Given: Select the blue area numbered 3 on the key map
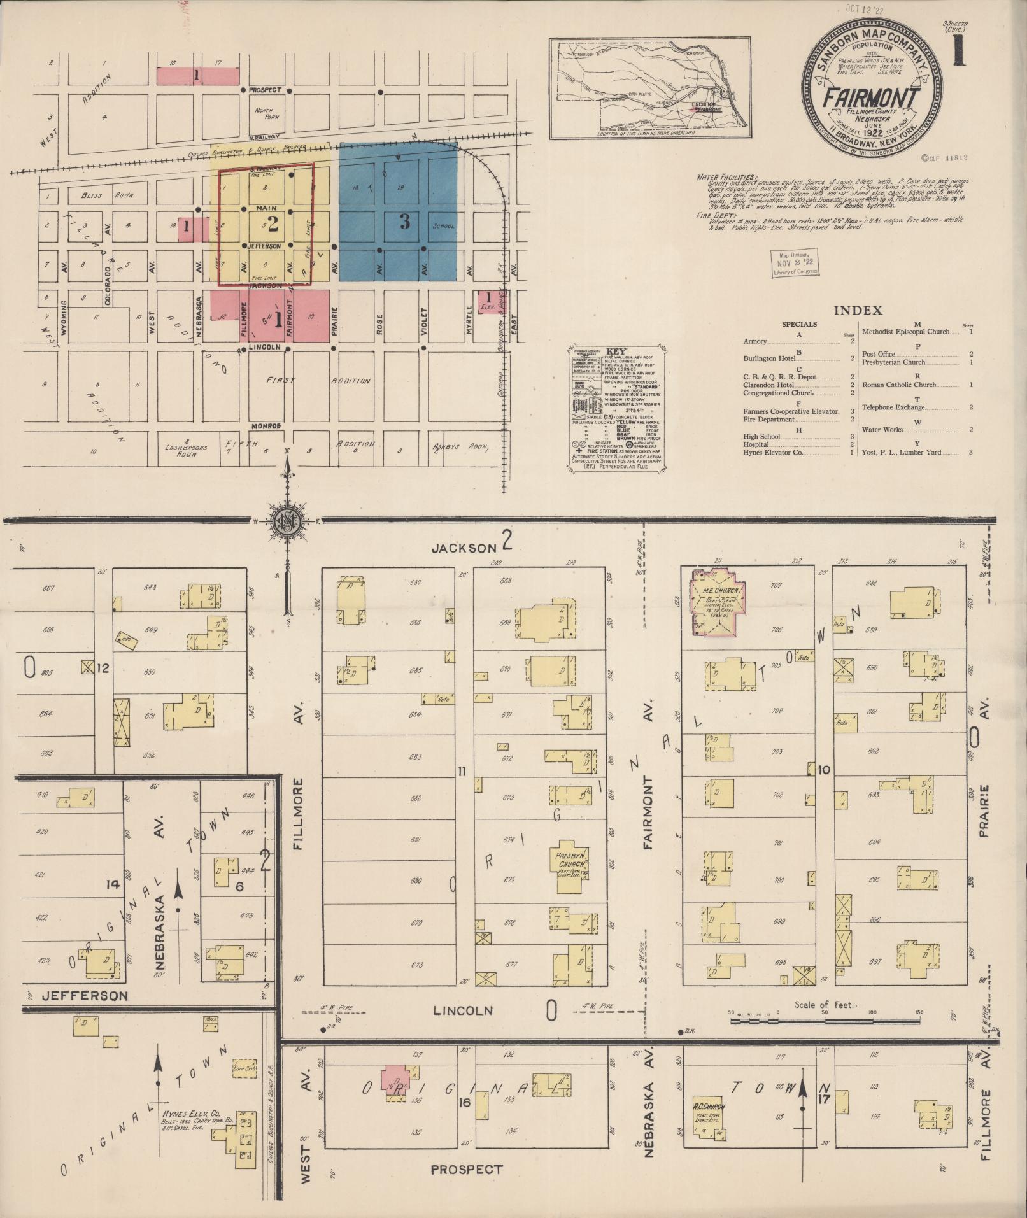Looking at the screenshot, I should pyautogui.click(x=398, y=213).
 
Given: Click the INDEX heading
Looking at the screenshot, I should pyautogui.click(x=858, y=311).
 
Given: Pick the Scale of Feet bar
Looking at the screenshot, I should pyautogui.click(x=825, y=1020).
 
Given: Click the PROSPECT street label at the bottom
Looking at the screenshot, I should pyautogui.click(x=466, y=1169).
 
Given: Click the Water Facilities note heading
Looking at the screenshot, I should pyautogui.click(x=727, y=176).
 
